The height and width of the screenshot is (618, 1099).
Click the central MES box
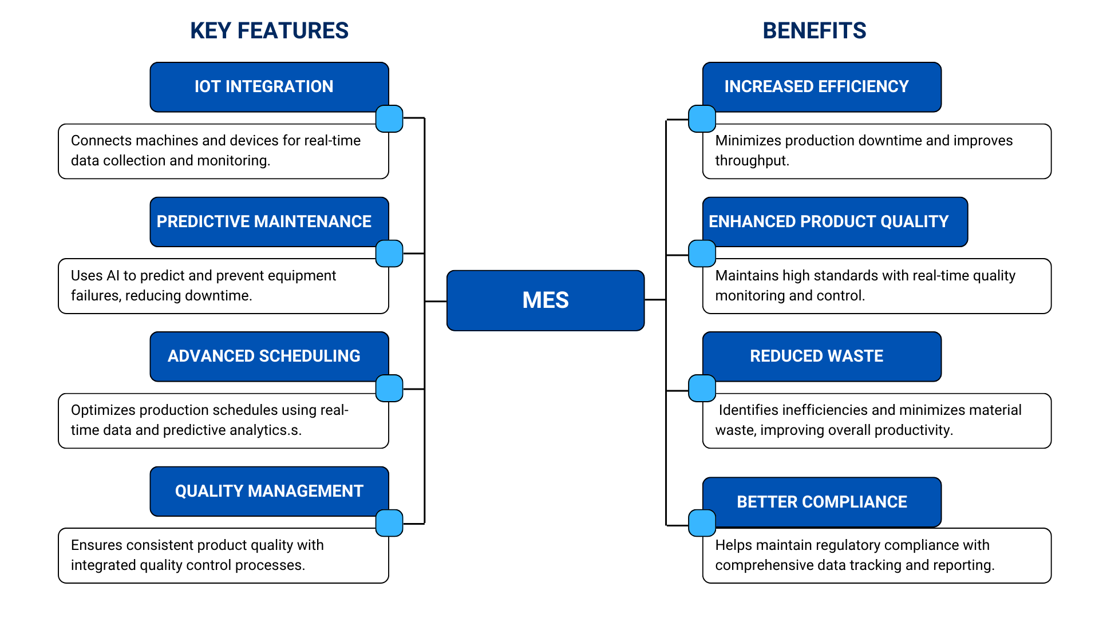545,300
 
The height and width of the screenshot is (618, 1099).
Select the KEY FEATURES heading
269,31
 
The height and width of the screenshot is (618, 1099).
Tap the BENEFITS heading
814,31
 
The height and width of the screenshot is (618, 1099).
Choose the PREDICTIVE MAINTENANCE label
264,221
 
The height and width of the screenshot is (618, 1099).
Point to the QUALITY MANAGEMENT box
269,491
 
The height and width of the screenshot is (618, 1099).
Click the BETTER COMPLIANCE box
821,502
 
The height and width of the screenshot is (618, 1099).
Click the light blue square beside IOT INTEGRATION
389,118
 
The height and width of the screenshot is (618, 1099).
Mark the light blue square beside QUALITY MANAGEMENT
389,523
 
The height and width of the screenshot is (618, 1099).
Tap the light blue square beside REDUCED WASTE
702,389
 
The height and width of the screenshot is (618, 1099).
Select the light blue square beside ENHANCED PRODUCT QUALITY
702,253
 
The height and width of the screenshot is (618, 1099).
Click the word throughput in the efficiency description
752,161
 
